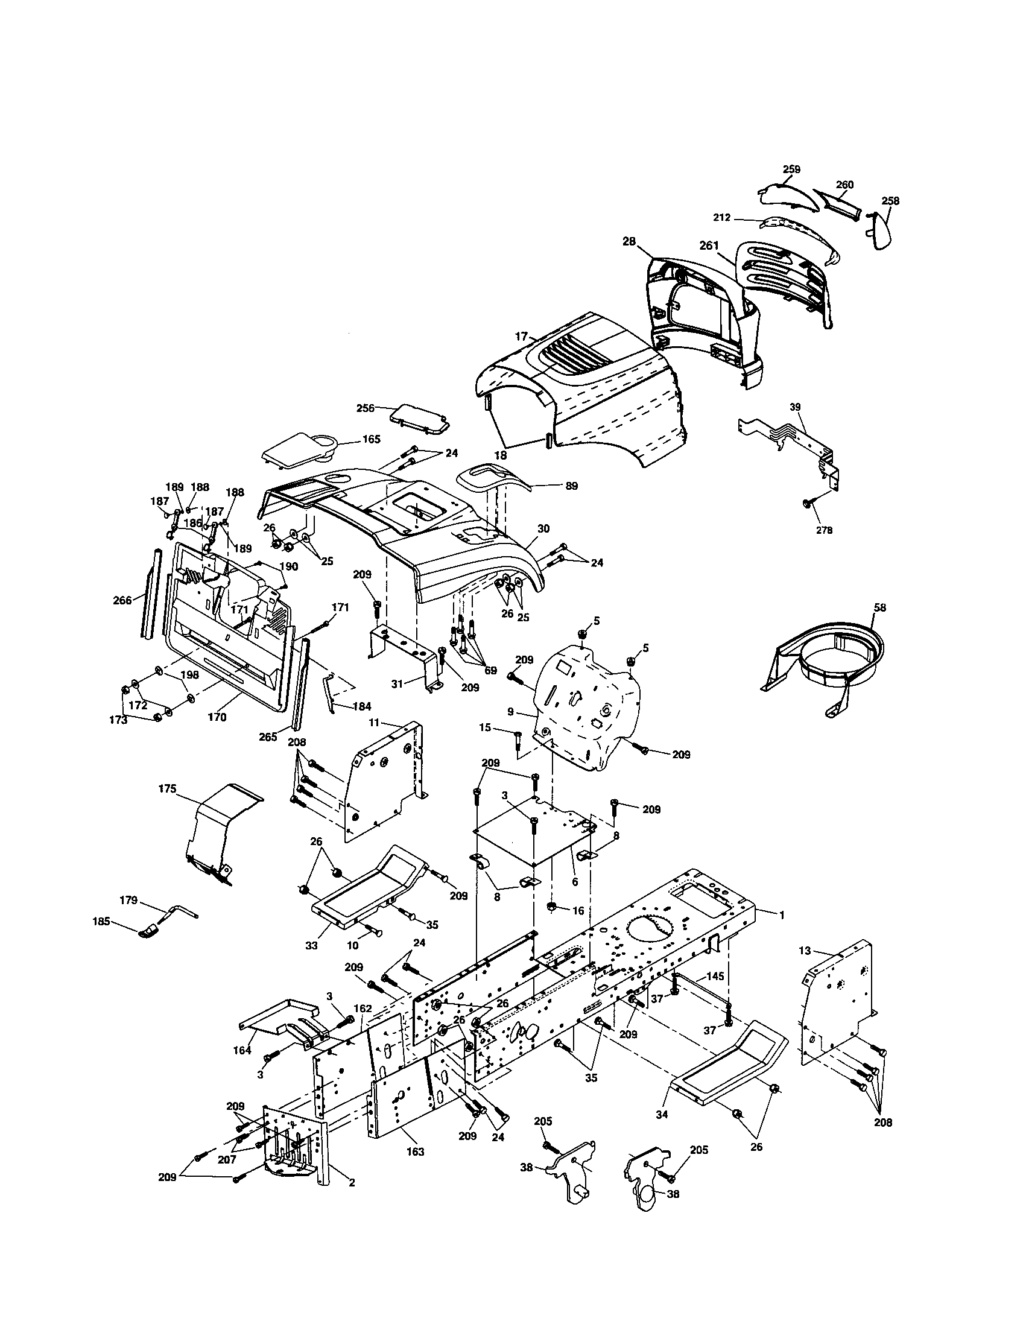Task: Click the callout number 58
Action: (x=879, y=607)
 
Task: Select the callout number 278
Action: (x=824, y=530)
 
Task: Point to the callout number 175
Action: (x=167, y=789)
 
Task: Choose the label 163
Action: (x=416, y=1151)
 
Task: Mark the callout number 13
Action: (x=822, y=951)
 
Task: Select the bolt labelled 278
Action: (x=807, y=504)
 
